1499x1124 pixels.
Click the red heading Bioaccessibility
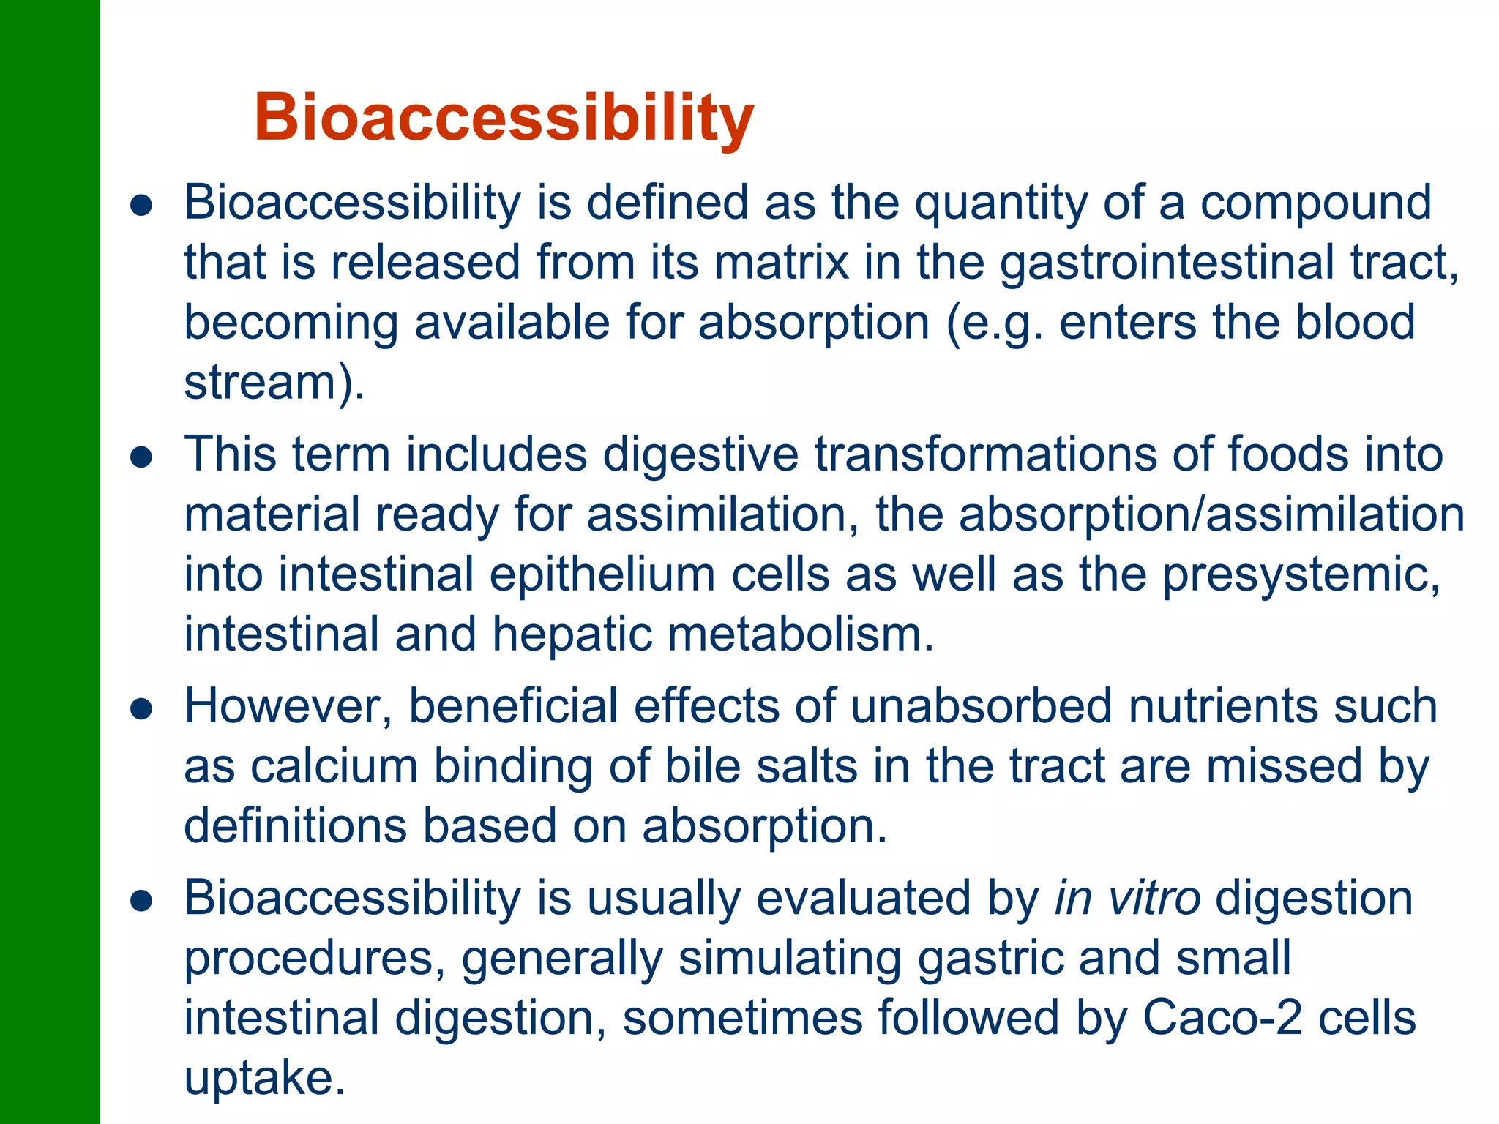(x=504, y=119)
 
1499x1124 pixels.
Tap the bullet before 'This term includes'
(x=141, y=458)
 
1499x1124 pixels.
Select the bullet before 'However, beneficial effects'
(x=141, y=709)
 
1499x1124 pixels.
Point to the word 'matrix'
(x=781, y=263)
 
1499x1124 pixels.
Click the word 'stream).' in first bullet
(x=274, y=383)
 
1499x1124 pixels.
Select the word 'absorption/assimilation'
(x=1211, y=514)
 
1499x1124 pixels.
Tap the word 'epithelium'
(x=602, y=574)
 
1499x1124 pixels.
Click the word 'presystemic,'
(x=1301, y=574)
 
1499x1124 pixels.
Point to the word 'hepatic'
(x=572, y=634)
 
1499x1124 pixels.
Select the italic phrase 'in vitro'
(x=1127, y=899)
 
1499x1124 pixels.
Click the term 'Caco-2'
(x=1222, y=1018)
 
